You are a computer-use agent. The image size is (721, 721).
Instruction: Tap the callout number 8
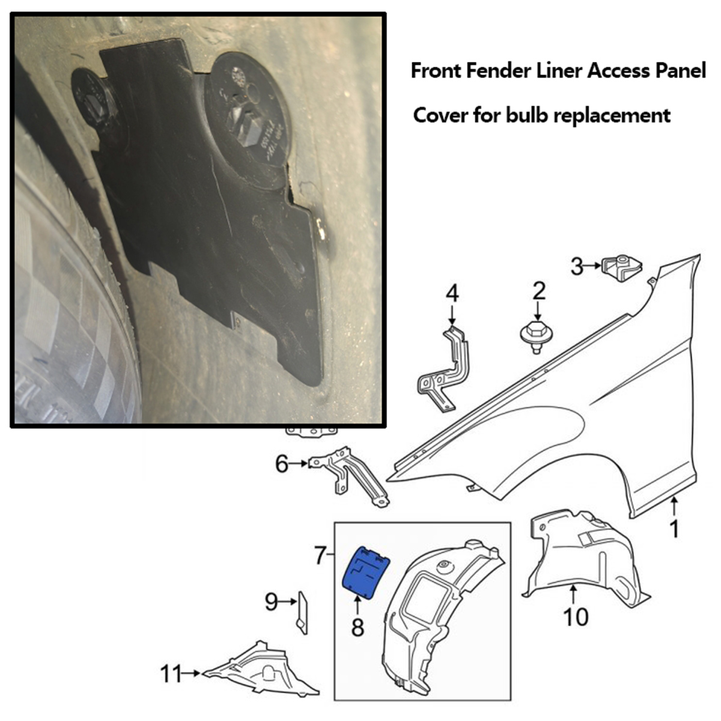(x=357, y=628)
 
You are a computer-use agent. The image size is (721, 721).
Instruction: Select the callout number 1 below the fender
(x=674, y=529)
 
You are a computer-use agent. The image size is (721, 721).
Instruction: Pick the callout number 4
(x=452, y=294)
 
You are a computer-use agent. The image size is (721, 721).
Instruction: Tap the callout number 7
(x=320, y=556)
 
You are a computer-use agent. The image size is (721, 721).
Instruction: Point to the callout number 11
(x=171, y=675)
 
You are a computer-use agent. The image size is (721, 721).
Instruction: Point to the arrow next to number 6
(x=299, y=464)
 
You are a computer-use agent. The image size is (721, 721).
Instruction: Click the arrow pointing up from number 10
(x=574, y=595)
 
